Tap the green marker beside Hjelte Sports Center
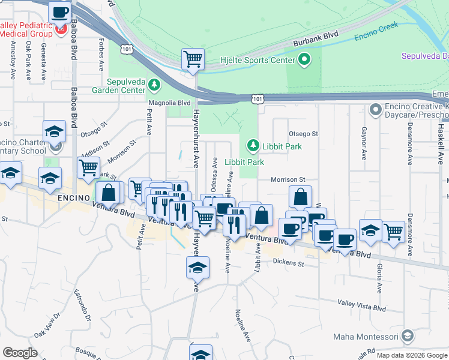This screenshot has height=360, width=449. (304, 59)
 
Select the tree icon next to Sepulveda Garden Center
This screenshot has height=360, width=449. (154, 85)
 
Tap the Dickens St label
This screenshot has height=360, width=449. (289, 262)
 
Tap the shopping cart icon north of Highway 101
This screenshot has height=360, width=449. (193, 59)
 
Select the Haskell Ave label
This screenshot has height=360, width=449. (440, 139)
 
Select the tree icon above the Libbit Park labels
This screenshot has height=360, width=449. (253, 145)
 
